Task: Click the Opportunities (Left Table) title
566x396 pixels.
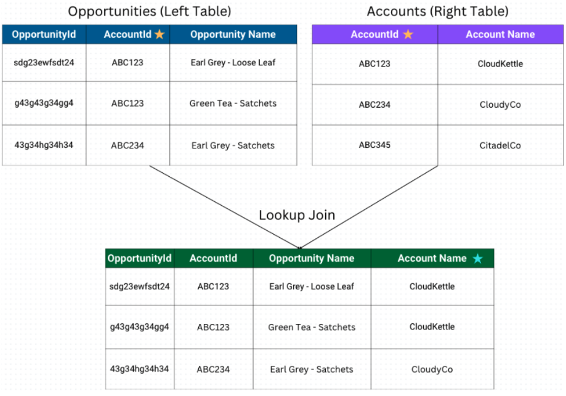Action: pos(150,12)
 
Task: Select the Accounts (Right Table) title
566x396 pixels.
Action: pos(437,12)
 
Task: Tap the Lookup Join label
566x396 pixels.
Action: pos(297,215)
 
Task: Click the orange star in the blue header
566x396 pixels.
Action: pos(160,34)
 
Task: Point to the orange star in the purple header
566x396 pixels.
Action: pos(408,34)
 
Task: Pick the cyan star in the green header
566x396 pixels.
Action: pos(477,259)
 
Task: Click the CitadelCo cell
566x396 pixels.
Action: pos(500,145)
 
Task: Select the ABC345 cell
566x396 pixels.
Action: pos(374,145)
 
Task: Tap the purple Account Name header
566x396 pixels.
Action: pos(500,34)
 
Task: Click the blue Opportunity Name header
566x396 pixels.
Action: pos(233,34)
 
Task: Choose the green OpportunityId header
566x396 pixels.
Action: pos(139,259)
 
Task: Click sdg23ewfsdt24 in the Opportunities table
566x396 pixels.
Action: pos(44,63)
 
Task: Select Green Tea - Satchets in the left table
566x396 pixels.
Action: pos(233,103)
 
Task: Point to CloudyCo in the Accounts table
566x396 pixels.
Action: pos(500,105)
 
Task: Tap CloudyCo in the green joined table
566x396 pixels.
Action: pos(432,370)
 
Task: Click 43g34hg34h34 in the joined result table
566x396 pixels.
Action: pos(139,369)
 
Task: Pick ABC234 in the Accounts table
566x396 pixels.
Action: pos(374,105)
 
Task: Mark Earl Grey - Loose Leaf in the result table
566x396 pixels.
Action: pos(312,286)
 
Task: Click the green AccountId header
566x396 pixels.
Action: pos(213,259)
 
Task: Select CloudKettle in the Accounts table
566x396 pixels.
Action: pos(500,64)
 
